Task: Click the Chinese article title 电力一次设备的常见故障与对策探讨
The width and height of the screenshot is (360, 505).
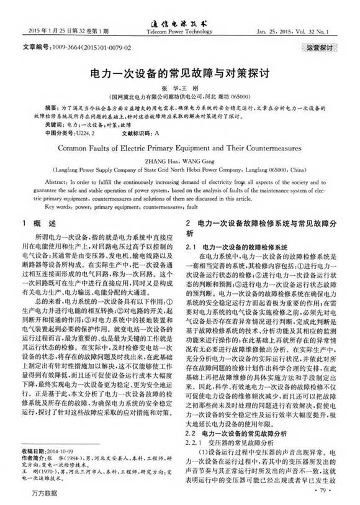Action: click(x=179, y=71)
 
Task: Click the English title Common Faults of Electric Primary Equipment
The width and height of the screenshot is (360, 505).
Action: click(x=179, y=148)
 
